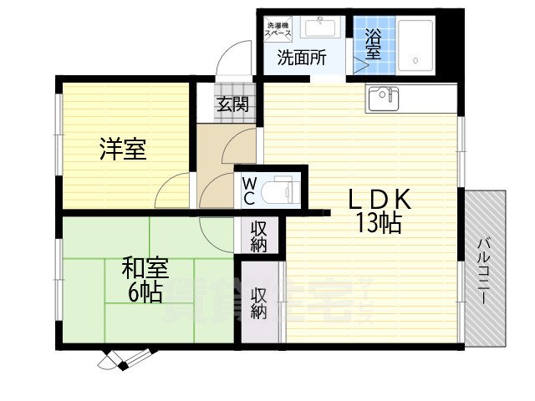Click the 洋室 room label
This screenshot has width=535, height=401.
[x=124, y=150]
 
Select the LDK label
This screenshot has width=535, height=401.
[x=380, y=200]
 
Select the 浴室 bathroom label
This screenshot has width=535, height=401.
[x=373, y=43]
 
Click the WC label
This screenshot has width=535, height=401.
[x=250, y=190]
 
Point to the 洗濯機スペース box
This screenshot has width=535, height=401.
[x=278, y=30]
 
